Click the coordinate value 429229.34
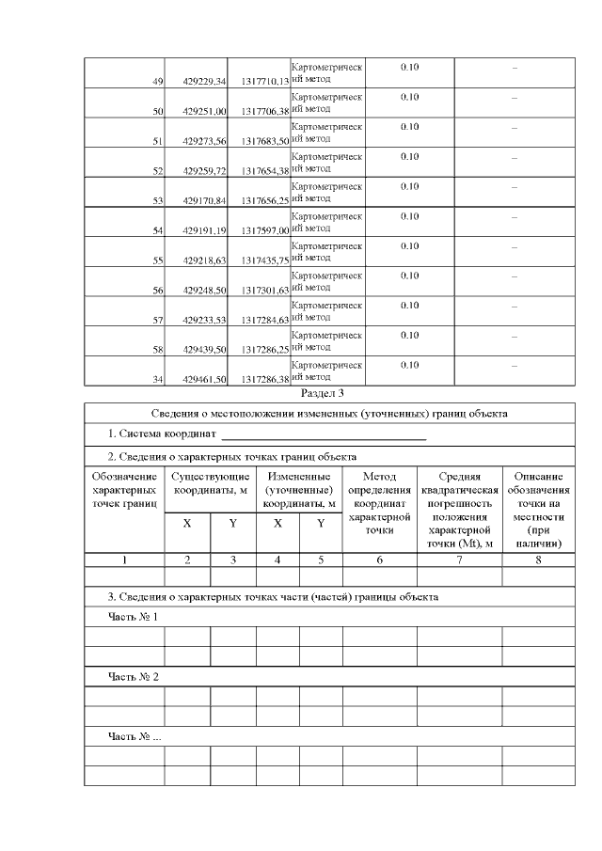pos(205,82)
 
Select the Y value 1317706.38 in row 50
pos(264,112)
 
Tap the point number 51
pos(159,141)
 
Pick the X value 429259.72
pos(205,171)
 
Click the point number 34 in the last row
pos(159,380)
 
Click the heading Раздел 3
pos(323,393)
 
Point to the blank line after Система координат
pos(324,436)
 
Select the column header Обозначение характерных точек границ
pos(124,490)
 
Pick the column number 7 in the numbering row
pos(459,559)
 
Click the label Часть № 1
pos(133,617)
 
